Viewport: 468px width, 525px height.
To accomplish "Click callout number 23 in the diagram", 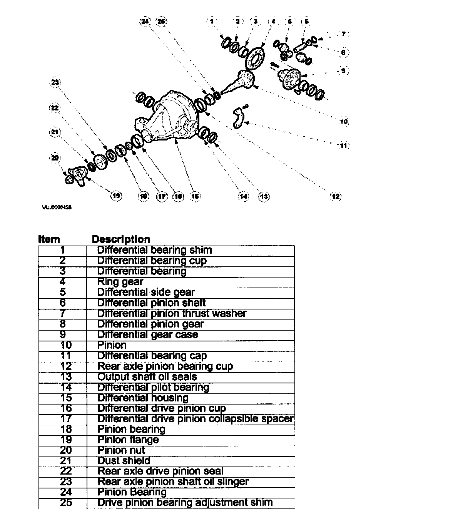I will (55, 82).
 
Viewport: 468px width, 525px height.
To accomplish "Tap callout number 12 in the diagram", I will (336, 196).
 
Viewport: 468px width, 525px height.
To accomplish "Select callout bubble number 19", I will (116, 196).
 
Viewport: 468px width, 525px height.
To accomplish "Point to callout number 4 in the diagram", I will (273, 22).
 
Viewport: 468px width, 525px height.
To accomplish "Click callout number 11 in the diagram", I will (343, 145).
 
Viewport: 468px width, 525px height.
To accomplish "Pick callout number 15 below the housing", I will (195, 196).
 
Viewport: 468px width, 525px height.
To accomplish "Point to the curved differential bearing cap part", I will (237, 117).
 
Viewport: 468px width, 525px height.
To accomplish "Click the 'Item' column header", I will (49, 239).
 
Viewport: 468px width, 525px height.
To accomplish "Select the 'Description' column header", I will (121, 239).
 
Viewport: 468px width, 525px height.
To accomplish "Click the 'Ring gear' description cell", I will (120, 282).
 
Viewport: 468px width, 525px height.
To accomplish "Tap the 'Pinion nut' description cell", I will (121, 450).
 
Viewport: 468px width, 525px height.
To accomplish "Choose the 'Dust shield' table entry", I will (124, 461).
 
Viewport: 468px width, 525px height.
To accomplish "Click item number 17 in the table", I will (66, 419).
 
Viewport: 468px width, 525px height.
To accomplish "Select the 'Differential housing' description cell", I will (143, 398).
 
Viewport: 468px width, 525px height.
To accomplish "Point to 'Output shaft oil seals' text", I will (147, 377).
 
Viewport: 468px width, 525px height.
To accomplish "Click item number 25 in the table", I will (66, 503).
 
